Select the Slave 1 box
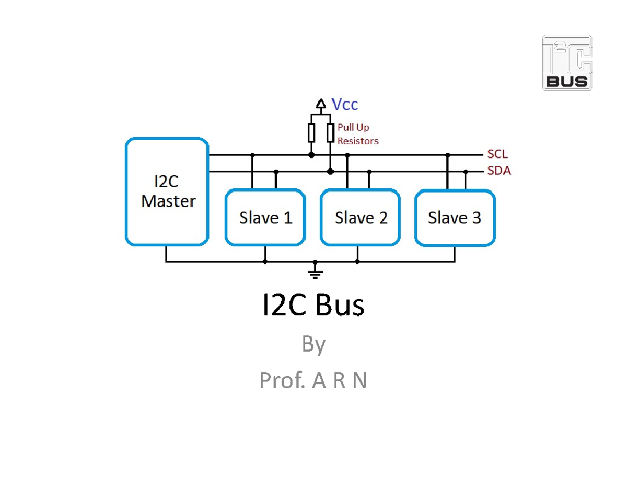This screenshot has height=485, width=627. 265,218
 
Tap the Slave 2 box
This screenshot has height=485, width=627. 361,218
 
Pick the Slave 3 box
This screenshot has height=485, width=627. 455,218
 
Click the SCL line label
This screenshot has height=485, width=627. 497,154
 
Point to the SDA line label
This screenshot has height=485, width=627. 498,171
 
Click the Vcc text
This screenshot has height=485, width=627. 345,104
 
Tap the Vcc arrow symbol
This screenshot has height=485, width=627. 321,103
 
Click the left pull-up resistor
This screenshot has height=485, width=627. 311,133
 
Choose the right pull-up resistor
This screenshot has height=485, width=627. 330,133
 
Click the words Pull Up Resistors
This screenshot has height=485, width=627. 357,134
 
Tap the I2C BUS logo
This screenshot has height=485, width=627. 567,63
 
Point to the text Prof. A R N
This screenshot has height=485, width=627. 313,380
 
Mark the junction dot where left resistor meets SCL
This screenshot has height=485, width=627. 311,155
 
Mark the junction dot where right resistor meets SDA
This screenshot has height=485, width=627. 330,171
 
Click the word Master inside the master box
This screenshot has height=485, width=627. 168,201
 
